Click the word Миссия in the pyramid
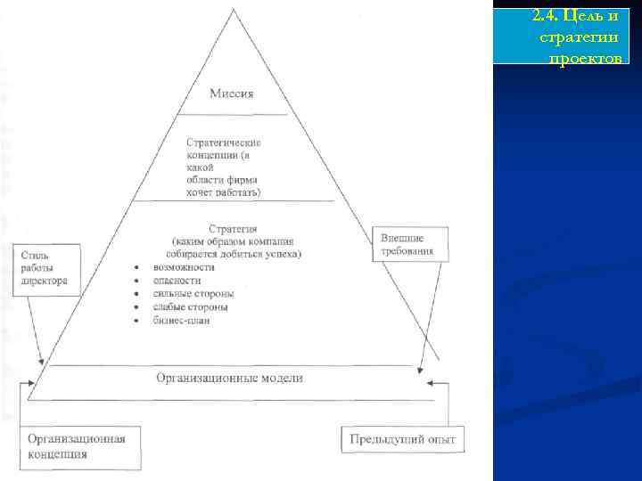tap(232, 94)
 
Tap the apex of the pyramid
tap(234, 11)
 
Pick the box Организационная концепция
tap(79, 445)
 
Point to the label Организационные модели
tap(230, 378)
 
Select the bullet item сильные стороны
tap(194, 293)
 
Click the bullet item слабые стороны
tap(191, 306)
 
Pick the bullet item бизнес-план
tap(182, 320)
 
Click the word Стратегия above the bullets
tap(233, 229)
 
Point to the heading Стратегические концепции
tap(223, 143)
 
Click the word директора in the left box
tap(45, 280)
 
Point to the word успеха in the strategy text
tap(284, 254)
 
